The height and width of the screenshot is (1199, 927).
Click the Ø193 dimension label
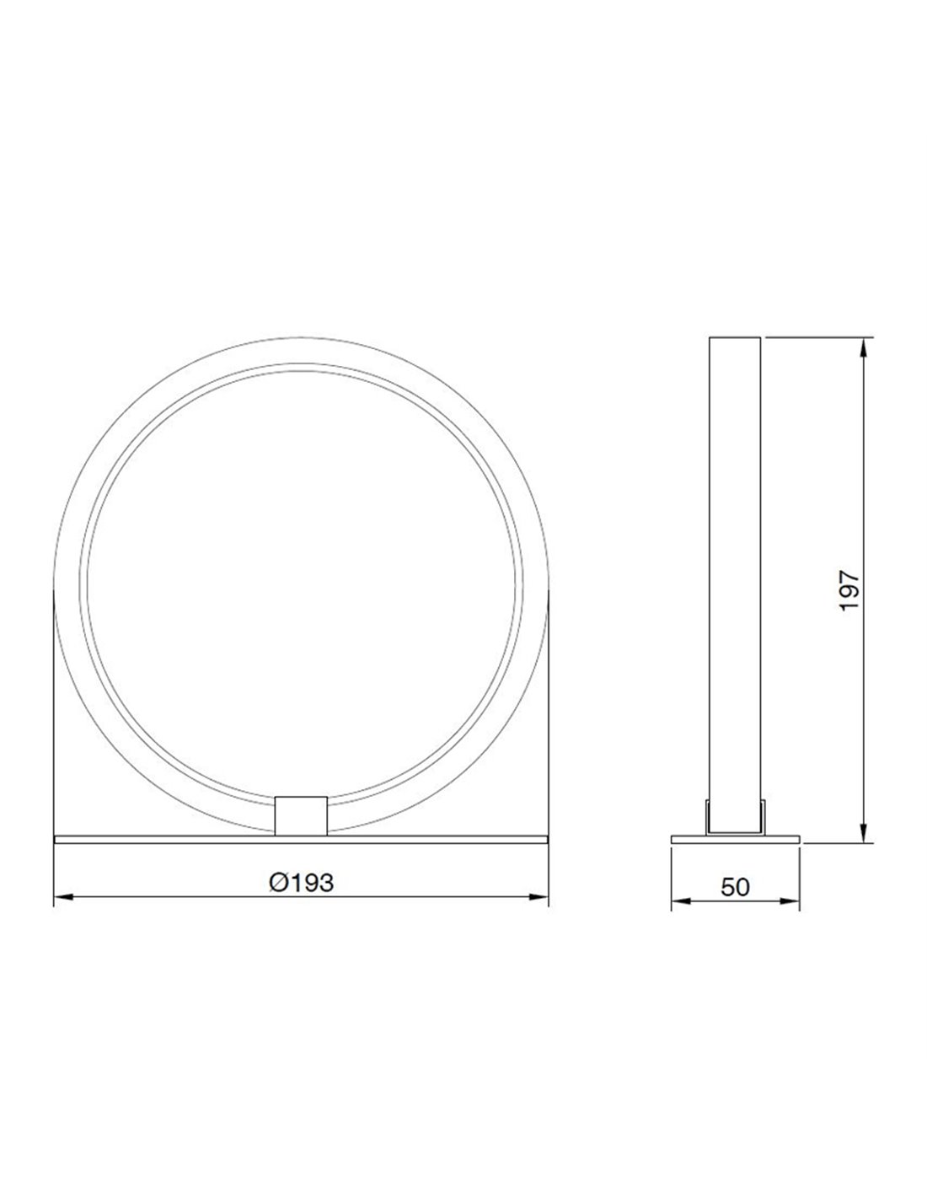tap(301, 883)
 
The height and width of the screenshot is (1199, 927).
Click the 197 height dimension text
tap(849, 590)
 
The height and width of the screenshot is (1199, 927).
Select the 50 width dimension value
tap(735, 887)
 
